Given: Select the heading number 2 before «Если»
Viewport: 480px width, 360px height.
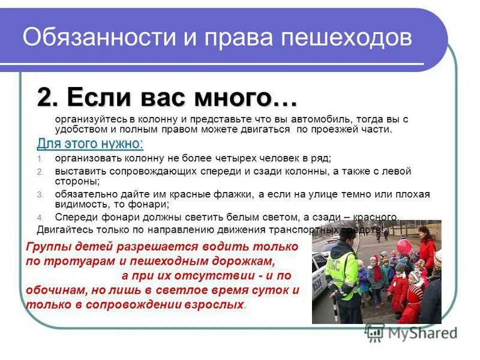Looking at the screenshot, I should click(48, 97).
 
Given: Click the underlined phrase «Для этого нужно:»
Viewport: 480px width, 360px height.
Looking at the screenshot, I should click(90, 144).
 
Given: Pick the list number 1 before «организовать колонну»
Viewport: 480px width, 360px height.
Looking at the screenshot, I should click(40, 159).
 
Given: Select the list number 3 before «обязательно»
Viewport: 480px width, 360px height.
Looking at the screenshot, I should click(40, 195).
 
